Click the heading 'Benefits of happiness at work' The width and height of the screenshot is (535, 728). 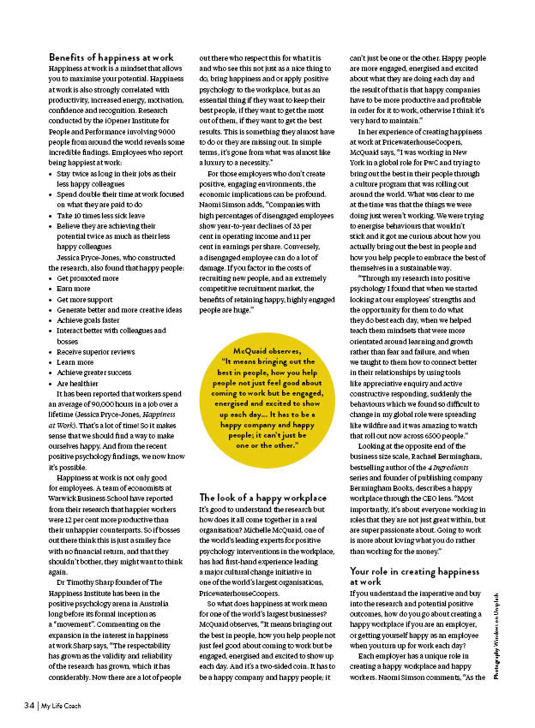(x=111, y=57)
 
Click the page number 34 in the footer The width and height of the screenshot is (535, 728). (x=28, y=705)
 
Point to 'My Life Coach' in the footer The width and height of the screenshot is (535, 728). (x=64, y=705)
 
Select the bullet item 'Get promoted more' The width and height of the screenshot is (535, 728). (x=88, y=278)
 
